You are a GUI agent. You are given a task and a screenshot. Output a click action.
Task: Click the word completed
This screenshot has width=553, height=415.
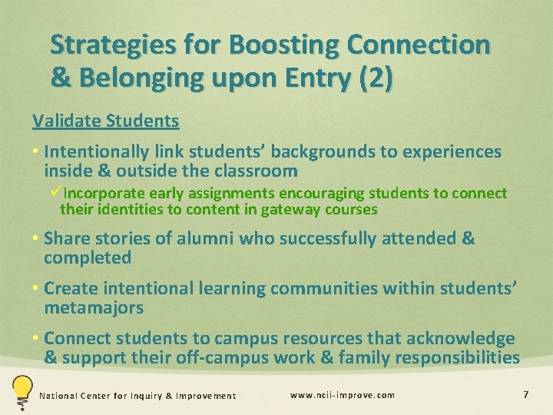click(88, 257)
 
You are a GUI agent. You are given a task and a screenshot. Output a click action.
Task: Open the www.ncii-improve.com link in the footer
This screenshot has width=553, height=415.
click(343, 395)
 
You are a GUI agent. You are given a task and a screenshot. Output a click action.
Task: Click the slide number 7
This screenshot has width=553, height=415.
click(525, 395)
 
